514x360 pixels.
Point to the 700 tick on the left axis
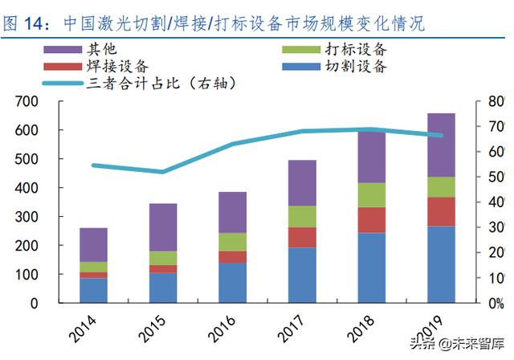(27, 101)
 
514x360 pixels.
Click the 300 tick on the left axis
(27, 217)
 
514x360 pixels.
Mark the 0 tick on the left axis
(34, 304)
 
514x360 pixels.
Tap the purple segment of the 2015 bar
(163, 227)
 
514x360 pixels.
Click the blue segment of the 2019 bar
(441, 264)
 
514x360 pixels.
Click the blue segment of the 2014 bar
(94, 290)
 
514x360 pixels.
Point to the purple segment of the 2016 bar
(233, 212)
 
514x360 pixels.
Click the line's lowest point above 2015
(163, 171)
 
